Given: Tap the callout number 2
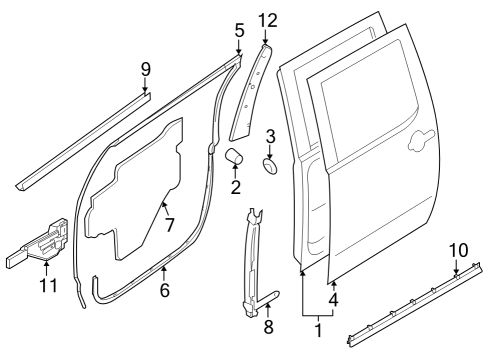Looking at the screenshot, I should pyautogui.click(x=236, y=186).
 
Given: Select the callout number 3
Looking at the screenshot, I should pyautogui.click(x=270, y=136).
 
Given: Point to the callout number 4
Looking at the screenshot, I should pyautogui.click(x=333, y=298).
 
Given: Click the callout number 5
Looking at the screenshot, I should pyautogui.click(x=239, y=30).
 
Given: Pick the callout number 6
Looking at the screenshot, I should pyautogui.click(x=165, y=290).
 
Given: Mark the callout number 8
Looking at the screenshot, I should pyautogui.click(x=267, y=326).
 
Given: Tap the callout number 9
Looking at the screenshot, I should pyautogui.click(x=146, y=69).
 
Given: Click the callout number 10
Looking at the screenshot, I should pyautogui.click(x=458, y=249).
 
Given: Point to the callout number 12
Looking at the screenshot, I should pyautogui.click(x=266, y=20).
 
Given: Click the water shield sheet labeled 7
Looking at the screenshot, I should pyautogui.click(x=135, y=190).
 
